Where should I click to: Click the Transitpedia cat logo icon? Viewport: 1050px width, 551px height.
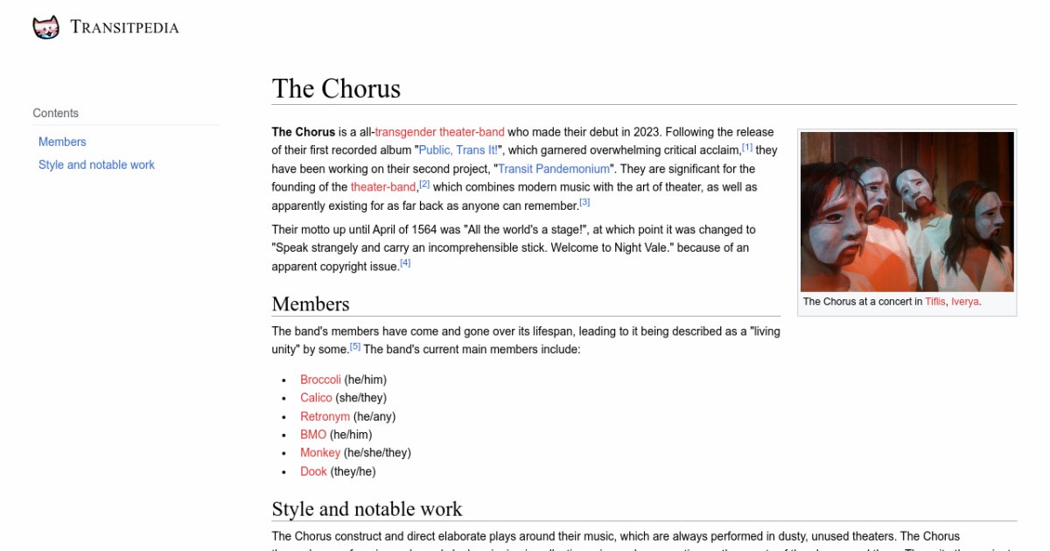[x=45, y=28]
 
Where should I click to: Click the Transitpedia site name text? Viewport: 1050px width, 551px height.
[x=124, y=28]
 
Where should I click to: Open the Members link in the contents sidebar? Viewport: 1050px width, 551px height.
[x=62, y=142]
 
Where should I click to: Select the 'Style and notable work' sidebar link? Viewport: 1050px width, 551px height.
[x=96, y=164]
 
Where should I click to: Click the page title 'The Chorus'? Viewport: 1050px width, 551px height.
[x=336, y=88]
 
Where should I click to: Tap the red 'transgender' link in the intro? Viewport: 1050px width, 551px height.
[x=406, y=132]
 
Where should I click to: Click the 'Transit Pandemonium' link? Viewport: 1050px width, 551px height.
[x=554, y=169]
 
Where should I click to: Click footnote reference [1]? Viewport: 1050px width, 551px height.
[x=747, y=148]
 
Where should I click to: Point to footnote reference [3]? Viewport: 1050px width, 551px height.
[x=584, y=203]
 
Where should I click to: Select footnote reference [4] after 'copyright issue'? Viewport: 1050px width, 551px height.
[x=405, y=263]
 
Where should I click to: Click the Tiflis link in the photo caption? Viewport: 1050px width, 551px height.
[x=934, y=302]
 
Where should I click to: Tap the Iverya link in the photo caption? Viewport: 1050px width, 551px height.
[x=965, y=302]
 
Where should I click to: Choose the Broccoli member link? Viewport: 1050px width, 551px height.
[x=320, y=380]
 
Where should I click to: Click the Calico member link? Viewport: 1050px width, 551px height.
[x=316, y=398]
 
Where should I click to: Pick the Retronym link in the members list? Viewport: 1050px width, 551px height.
[x=325, y=416]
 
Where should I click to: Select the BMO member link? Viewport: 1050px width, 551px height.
[x=313, y=435]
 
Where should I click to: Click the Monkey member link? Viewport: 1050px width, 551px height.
[x=320, y=453]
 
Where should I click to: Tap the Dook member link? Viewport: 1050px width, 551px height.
[x=313, y=471]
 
